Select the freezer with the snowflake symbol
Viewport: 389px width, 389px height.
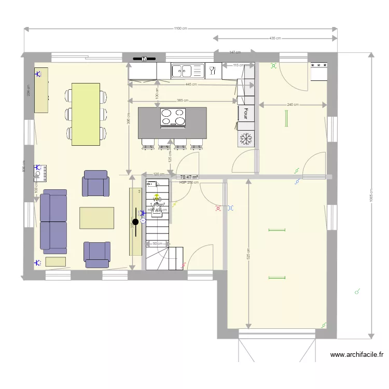pos(246,138)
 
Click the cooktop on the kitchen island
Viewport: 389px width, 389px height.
pos(173,117)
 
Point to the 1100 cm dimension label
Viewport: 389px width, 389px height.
pos(180,29)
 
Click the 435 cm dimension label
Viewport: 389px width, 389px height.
pos(275,38)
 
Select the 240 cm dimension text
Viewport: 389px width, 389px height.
pos(293,105)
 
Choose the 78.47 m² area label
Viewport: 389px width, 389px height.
pos(189,177)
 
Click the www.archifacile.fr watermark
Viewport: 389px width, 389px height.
pos(357,355)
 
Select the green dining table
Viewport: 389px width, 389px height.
pos(86,114)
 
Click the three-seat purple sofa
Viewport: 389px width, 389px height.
pos(54,221)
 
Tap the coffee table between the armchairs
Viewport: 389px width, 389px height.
pos(96,218)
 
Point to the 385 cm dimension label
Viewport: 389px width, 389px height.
pos(183,101)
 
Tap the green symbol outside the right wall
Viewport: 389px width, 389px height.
pos(357,292)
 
